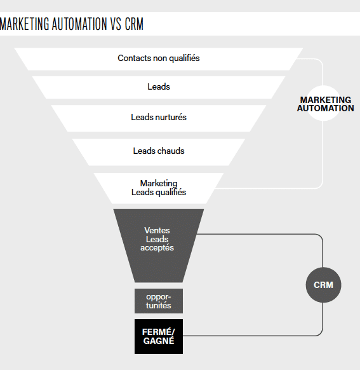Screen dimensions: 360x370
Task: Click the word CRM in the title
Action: pyautogui.click(x=134, y=24)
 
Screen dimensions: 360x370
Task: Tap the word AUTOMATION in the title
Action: pyautogui.click(x=79, y=24)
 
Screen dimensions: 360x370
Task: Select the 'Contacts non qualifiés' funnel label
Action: pyautogui.click(x=159, y=58)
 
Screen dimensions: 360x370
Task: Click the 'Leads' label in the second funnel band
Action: pyautogui.click(x=159, y=86)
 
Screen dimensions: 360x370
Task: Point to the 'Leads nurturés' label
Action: pyautogui.click(x=159, y=117)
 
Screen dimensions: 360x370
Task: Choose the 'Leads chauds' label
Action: pyautogui.click(x=159, y=151)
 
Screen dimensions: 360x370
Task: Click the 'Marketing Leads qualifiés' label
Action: pyautogui.click(x=159, y=188)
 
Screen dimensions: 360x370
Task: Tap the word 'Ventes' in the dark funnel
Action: pyautogui.click(x=157, y=230)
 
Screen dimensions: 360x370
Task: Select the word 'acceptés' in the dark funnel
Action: pyautogui.click(x=157, y=248)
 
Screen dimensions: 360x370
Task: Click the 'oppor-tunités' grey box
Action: pyautogui.click(x=159, y=301)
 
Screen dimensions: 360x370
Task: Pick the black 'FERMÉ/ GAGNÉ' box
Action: pyautogui.click(x=159, y=336)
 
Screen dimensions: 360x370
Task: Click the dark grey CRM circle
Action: pyautogui.click(x=323, y=285)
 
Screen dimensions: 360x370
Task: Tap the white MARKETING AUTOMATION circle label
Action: pyautogui.click(x=325, y=104)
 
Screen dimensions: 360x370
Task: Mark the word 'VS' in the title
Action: pyautogui.click(x=116, y=24)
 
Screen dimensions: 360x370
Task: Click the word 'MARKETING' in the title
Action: pyautogui.click(x=25, y=24)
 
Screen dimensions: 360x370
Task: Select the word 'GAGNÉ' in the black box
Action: pyautogui.click(x=159, y=341)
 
